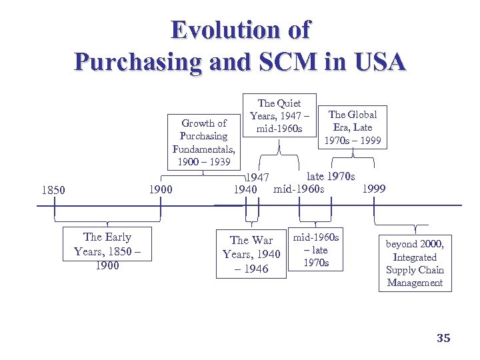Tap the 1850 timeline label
pyautogui.click(x=53, y=190)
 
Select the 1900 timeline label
pyautogui.click(x=160, y=190)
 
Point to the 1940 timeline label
pyautogui.click(x=245, y=190)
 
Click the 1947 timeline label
pyautogui.click(x=257, y=178)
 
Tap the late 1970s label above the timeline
pyautogui.click(x=331, y=177)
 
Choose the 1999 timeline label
pyautogui.click(x=373, y=189)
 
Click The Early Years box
pyautogui.click(x=107, y=251)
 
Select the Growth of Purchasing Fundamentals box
pyautogui.click(x=203, y=143)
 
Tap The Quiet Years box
pyautogui.click(x=279, y=115)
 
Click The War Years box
pyautogui.click(x=251, y=254)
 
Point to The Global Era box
pyautogui.click(x=353, y=127)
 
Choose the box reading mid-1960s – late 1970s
pyautogui.click(x=316, y=250)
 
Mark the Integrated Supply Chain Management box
pyautogui.click(x=415, y=264)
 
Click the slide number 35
pyautogui.click(x=443, y=338)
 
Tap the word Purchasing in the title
pyautogui.click(x=137, y=61)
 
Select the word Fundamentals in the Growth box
pyautogui.click(x=203, y=149)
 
